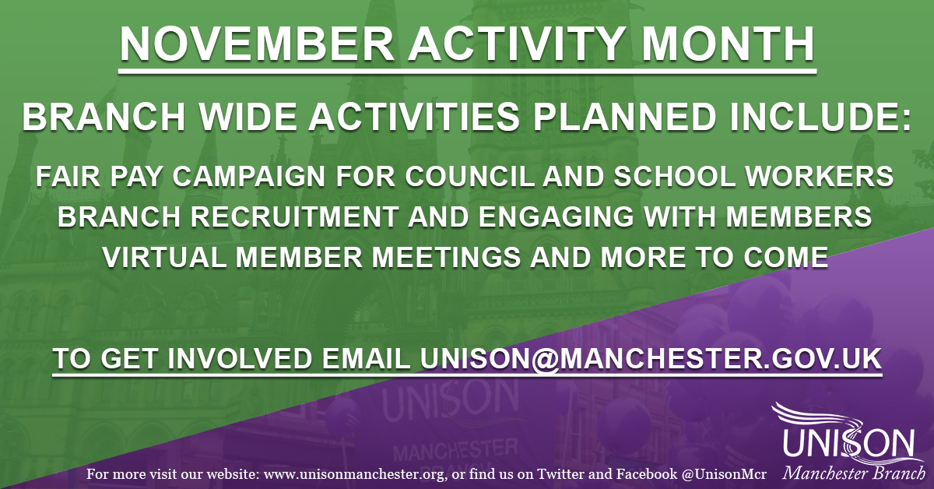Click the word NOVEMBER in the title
[x=258, y=44]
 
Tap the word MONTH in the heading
[x=728, y=44]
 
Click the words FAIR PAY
[x=98, y=177]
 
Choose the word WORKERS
[x=820, y=177]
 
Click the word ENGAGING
[x=551, y=216]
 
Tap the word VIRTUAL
[x=165, y=257]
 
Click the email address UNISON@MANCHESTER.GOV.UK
[x=651, y=358]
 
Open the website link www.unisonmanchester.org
[x=353, y=475]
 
